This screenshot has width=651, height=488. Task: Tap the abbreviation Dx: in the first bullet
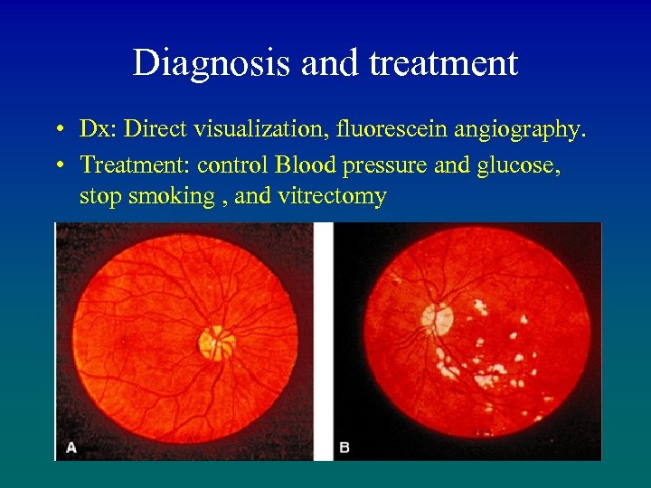(99, 129)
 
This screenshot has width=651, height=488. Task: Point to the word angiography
(524, 130)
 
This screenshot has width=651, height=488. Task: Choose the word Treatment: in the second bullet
(135, 164)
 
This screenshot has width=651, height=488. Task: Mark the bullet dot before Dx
(57, 130)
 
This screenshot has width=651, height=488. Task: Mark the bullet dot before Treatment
(57, 164)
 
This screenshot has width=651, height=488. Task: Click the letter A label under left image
(71, 447)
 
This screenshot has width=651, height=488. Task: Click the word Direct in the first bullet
(152, 129)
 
